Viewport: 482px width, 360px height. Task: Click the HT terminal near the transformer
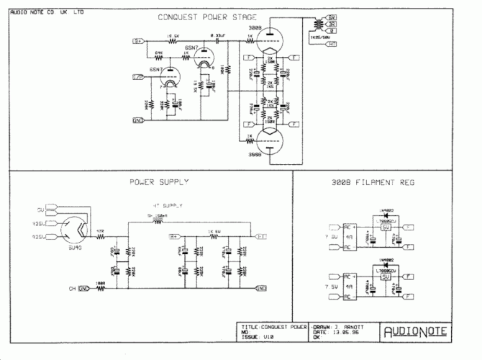[332, 45]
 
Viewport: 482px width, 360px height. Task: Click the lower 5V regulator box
[386, 277]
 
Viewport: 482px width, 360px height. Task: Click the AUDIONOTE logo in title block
[415, 331]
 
